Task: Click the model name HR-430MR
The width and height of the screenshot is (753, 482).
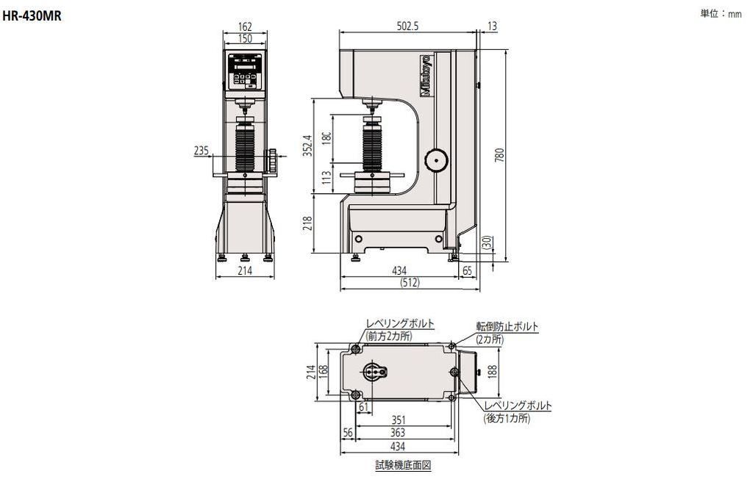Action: pyautogui.click(x=32, y=15)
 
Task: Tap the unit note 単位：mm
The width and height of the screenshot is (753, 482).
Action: pyautogui.click(x=721, y=14)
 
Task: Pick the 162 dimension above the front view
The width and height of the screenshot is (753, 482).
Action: pyautogui.click(x=245, y=27)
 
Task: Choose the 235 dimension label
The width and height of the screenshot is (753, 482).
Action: pyautogui.click(x=201, y=151)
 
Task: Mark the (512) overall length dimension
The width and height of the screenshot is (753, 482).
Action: pyautogui.click(x=410, y=282)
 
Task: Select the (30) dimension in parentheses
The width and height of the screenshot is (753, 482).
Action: pyautogui.click(x=486, y=242)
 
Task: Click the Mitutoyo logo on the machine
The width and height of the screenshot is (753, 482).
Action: pyautogui.click(x=426, y=74)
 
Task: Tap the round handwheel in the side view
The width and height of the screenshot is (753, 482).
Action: pyautogui.click(x=435, y=159)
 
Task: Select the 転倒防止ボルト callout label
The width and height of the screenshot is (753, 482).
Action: pyautogui.click(x=507, y=325)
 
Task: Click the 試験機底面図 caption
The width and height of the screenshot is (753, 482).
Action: pyautogui.click(x=402, y=465)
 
